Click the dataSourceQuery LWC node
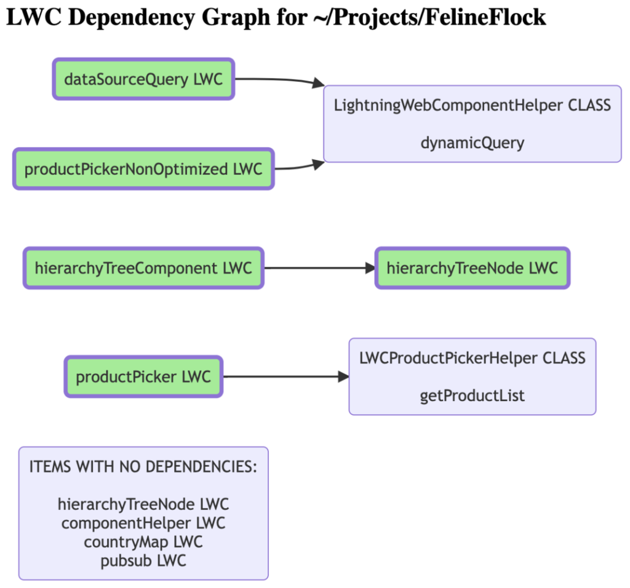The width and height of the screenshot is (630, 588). [x=143, y=79]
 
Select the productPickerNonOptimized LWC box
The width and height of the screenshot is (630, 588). [x=143, y=169]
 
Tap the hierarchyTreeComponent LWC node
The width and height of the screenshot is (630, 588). [x=143, y=268]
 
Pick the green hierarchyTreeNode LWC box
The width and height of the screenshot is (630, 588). [x=472, y=268]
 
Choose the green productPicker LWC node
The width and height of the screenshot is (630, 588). [x=143, y=377]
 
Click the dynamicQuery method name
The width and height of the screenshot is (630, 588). [x=472, y=143]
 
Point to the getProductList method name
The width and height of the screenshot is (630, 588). [x=472, y=396]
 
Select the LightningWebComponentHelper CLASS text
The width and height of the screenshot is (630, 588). [x=472, y=105]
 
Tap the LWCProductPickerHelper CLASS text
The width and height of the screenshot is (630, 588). [x=472, y=358]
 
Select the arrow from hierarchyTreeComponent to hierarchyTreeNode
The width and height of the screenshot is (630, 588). [x=320, y=268]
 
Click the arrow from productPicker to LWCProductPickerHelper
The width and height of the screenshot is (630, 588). [x=286, y=377]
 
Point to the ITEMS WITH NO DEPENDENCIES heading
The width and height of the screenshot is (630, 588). [x=143, y=467]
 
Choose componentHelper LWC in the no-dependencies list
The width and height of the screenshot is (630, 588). [x=143, y=523]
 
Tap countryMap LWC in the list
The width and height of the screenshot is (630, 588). [x=143, y=542]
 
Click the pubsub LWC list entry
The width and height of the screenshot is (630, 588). [x=143, y=561]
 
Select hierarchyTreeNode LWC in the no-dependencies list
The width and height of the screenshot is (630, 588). [x=143, y=504]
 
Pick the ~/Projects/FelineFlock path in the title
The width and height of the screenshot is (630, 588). [x=429, y=17]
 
